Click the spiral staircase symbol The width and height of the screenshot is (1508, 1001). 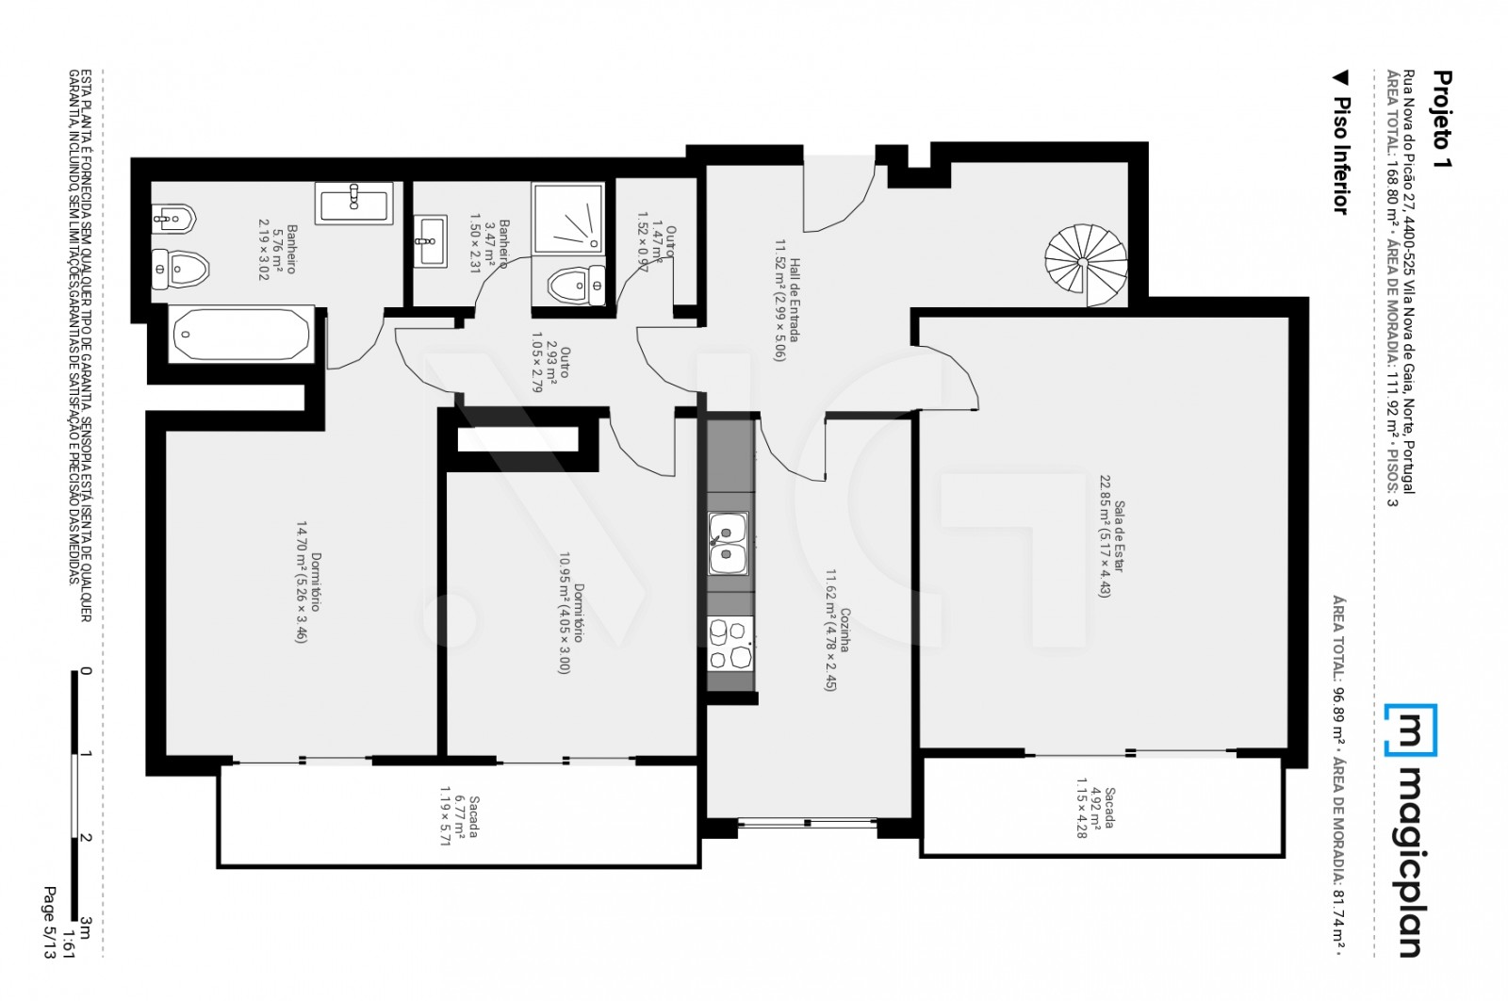coord(1086,263)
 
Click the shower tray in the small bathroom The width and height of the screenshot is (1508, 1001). coord(567,219)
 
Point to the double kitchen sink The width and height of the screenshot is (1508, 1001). coord(728,544)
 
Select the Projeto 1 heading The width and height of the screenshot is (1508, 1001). coord(1441,119)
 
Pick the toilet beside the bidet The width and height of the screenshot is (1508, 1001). coord(177,271)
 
